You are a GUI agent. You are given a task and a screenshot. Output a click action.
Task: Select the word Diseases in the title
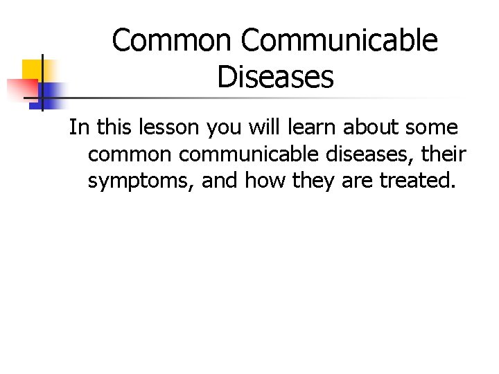tap(275, 77)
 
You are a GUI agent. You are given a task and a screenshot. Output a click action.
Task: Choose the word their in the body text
tap(444, 154)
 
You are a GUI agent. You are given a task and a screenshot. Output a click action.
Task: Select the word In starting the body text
tap(78, 127)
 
